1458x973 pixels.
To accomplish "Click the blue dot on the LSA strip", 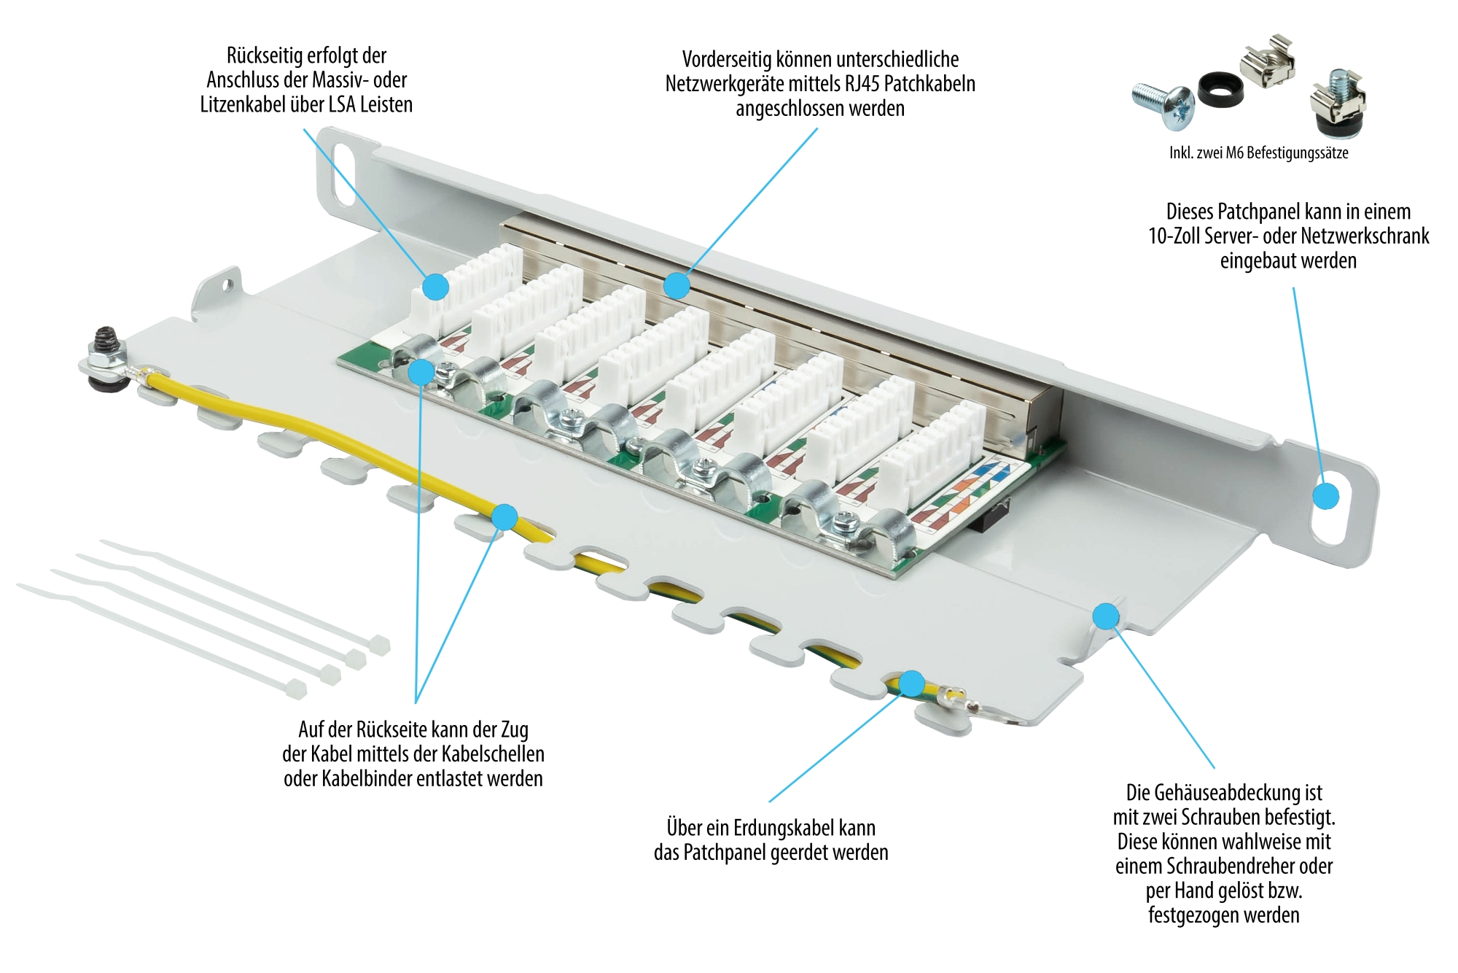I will pyautogui.click(x=436, y=286).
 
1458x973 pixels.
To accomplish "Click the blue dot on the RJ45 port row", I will pyautogui.click(x=677, y=285).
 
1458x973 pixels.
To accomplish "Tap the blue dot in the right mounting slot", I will pyautogui.click(x=1326, y=496).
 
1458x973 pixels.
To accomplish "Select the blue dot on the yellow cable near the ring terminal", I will pyautogui.click(x=911, y=683).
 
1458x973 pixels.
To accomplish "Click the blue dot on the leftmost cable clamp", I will pyautogui.click(x=421, y=372).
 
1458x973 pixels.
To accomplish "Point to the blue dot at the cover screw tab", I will pyautogui.click(x=1106, y=616).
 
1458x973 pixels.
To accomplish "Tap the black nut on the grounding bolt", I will pyautogui.click(x=106, y=339).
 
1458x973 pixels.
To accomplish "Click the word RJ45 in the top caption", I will pyautogui.click(x=862, y=84).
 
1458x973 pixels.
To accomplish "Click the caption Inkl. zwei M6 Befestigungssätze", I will pyautogui.click(x=1258, y=153).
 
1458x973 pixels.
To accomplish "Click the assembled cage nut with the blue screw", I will pyautogui.click(x=1338, y=102).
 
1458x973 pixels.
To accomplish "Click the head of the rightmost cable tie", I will pyautogui.click(x=379, y=645).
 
